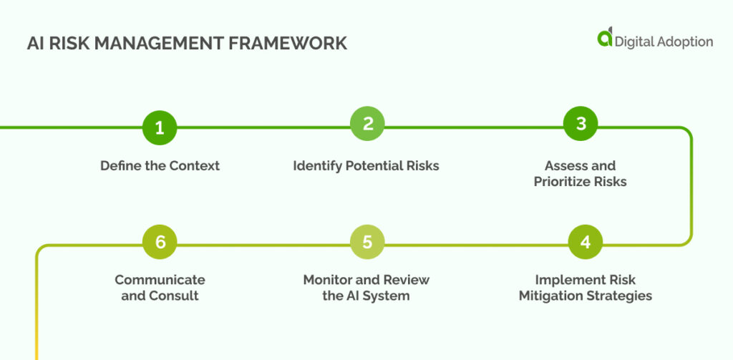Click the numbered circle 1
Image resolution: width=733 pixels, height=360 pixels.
pos(160,128)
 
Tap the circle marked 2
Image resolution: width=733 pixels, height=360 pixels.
pos(367,124)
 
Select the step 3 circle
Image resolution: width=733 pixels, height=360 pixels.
pos(581,124)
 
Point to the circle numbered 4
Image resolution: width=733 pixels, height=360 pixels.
pos(586,243)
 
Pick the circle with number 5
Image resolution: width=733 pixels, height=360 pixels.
pos(367,243)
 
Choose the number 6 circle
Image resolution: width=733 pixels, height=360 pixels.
pos(160,243)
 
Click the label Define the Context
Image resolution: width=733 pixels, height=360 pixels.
pos(160,165)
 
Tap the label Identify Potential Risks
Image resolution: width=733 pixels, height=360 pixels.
pos(366,165)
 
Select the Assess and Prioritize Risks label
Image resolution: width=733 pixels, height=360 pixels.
pos(580,173)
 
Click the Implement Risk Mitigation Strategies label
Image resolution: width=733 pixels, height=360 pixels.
pos(586,287)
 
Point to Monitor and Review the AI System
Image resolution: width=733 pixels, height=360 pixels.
pos(366,287)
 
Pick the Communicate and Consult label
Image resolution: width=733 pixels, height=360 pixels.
pos(160,287)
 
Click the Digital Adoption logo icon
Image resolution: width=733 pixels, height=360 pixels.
pos(606,39)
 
